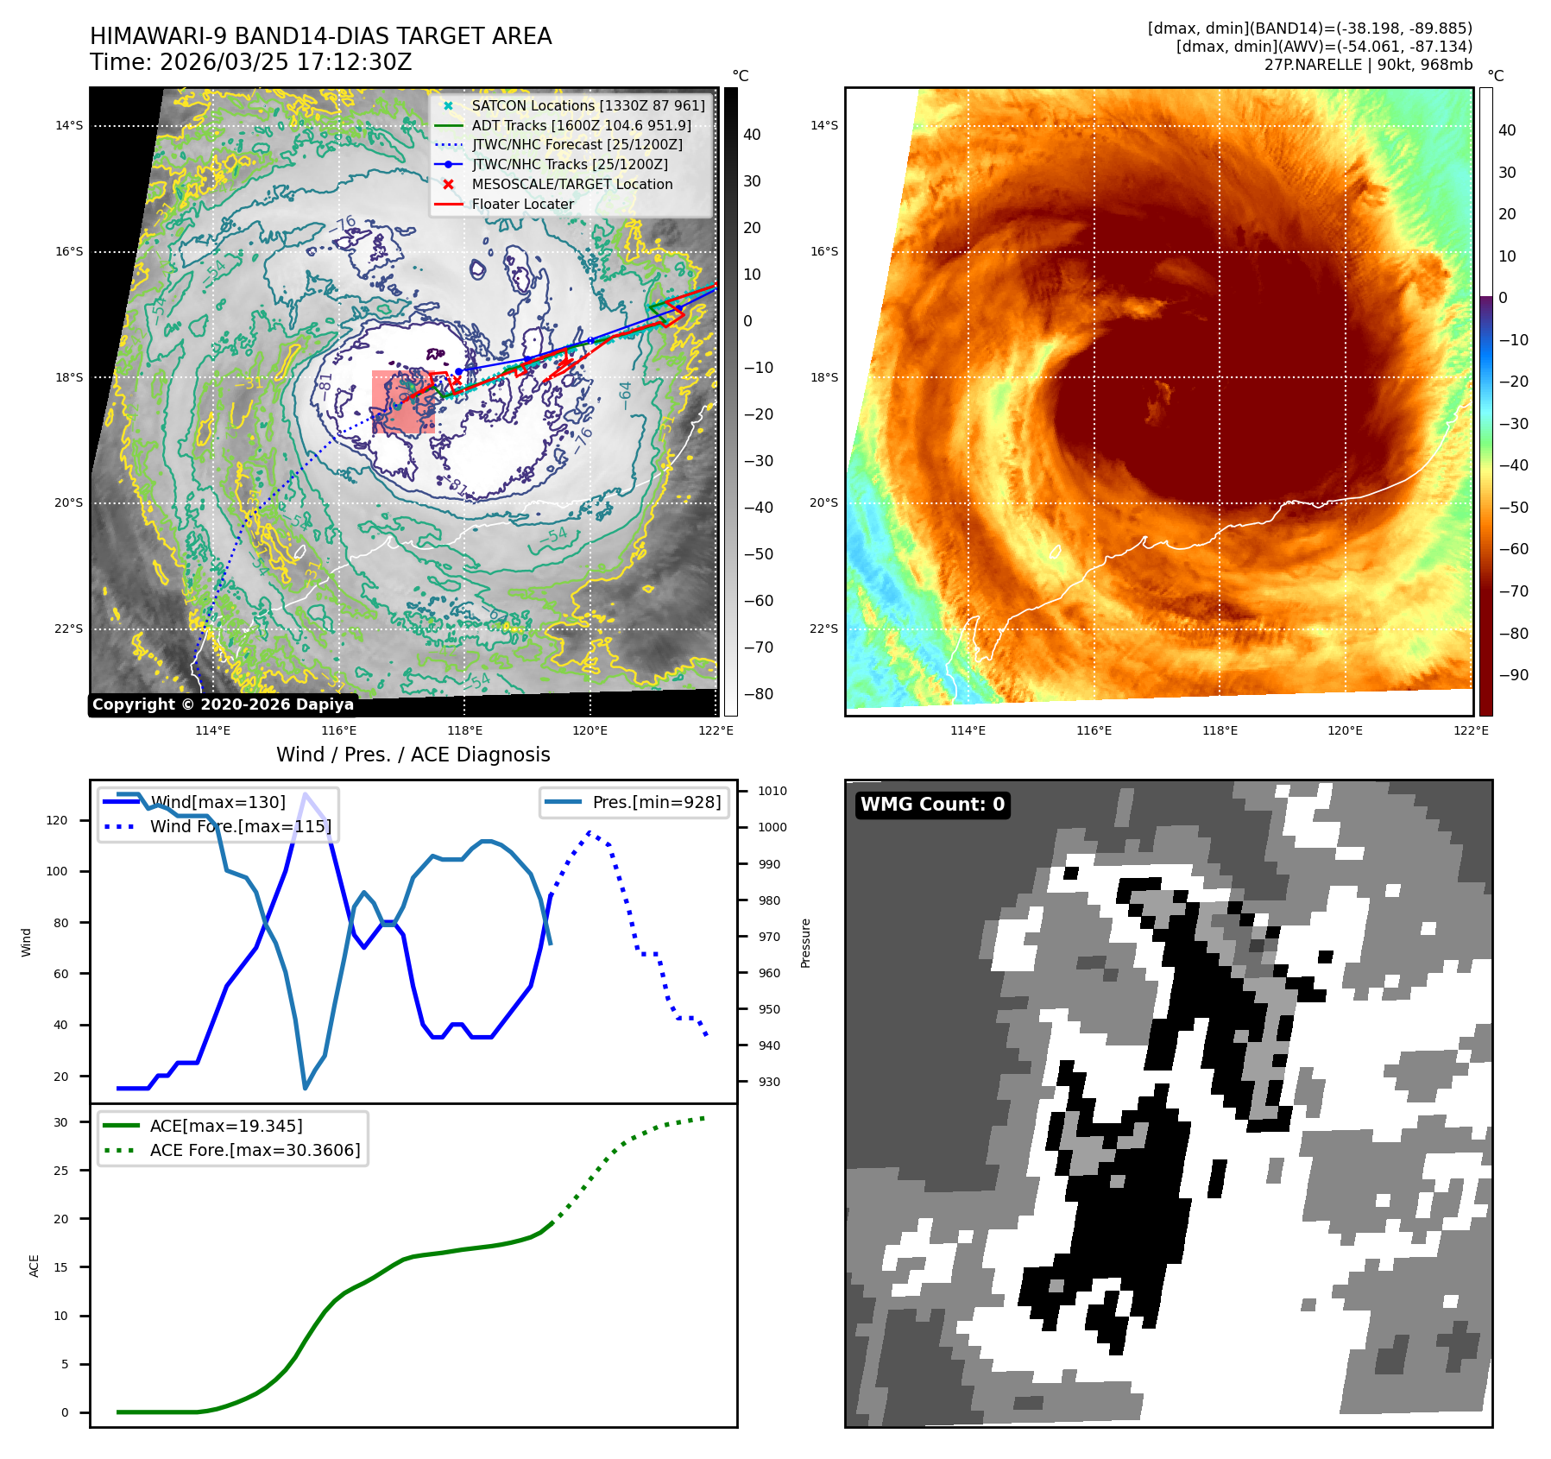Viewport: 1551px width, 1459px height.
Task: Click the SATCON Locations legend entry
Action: click(587, 105)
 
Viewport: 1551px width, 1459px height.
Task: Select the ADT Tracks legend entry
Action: click(581, 125)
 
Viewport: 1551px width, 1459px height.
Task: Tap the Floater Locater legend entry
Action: click(522, 204)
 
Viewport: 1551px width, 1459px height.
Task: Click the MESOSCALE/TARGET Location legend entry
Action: click(571, 184)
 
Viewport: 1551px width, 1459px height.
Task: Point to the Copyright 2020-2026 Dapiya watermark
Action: click(223, 704)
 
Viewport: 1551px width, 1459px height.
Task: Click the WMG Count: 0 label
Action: click(932, 805)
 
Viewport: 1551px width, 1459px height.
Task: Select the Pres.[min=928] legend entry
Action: click(656, 802)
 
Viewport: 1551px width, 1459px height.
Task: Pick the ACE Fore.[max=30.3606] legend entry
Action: click(255, 1150)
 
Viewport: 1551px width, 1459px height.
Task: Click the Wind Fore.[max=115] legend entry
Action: click(240, 826)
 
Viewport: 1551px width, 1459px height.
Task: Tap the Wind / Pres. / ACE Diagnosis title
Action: click(413, 755)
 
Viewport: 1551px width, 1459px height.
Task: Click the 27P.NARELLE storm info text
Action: click(1368, 65)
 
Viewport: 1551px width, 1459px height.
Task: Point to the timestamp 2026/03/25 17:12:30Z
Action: click(286, 62)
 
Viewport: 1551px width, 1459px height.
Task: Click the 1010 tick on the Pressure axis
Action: click(772, 791)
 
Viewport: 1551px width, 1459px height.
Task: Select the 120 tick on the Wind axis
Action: click(57, 820)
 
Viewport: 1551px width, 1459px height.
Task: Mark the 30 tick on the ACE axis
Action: click(60, 1122)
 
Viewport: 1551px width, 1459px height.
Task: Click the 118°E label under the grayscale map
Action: click(464, 730)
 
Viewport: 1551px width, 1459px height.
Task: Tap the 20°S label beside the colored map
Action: click(823, 502)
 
